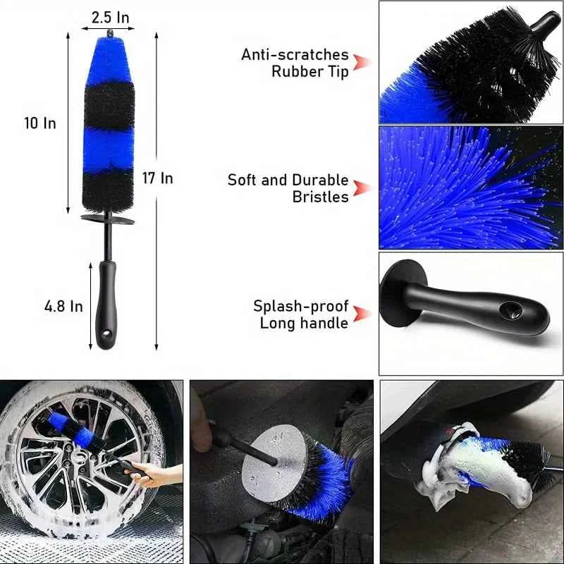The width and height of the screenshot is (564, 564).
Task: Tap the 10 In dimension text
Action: click(39, 123)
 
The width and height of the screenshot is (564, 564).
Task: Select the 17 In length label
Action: click(157, 178)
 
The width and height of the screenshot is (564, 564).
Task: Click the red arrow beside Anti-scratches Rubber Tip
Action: click(362, 63)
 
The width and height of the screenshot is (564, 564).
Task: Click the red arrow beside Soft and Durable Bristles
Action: click(362, 188)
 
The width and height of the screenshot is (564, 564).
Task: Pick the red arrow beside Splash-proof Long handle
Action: click(362, 314)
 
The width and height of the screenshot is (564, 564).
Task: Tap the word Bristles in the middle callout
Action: click(321, 197)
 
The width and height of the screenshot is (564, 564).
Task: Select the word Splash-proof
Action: click(301, 306)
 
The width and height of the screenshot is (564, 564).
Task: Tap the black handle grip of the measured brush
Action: click(107, 303)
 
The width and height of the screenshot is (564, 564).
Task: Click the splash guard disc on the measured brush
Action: click(108, 219)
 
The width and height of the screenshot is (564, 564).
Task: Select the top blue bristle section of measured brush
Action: click(108, 60)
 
